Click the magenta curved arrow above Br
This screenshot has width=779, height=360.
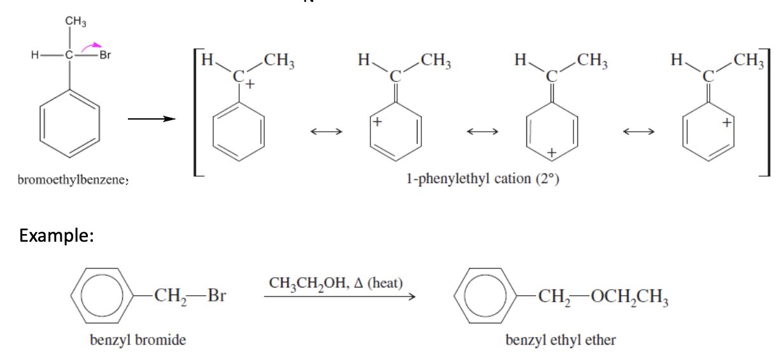[93, 45]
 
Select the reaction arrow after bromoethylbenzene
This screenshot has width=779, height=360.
[150, 118]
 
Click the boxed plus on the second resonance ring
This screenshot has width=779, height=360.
[376, 122]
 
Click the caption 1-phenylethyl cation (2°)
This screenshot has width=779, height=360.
[482, 179]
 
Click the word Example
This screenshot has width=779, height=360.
[57, 236]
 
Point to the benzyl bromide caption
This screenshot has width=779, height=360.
[138, 340]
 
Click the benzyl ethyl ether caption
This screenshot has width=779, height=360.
[561, 340]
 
